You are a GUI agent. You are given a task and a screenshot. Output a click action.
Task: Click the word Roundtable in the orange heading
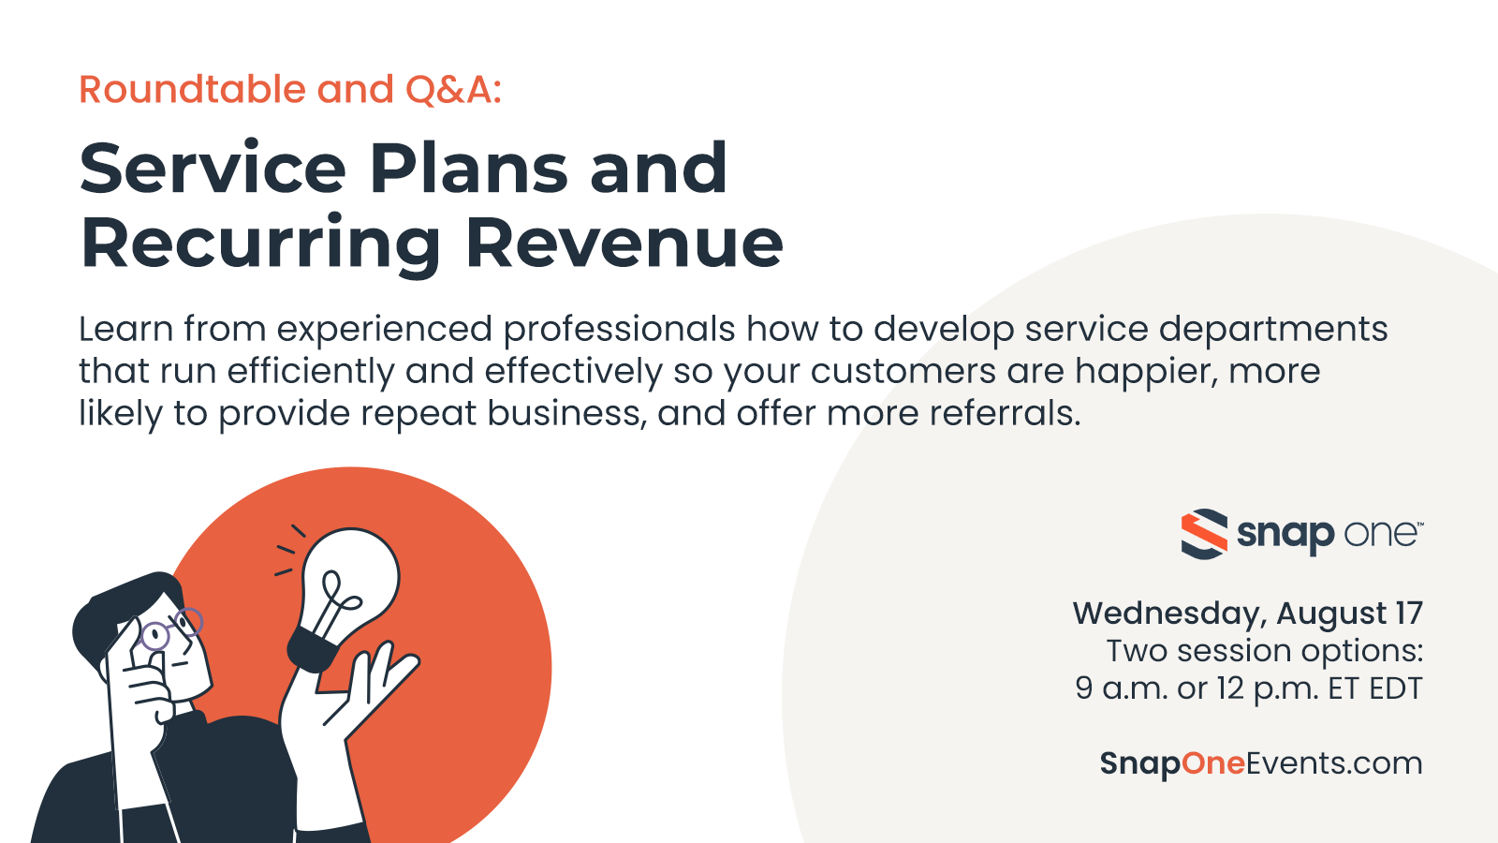click(191, 90)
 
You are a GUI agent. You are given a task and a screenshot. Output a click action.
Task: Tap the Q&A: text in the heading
click(453, 90)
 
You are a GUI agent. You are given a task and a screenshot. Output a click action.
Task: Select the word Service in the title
click(213, 170)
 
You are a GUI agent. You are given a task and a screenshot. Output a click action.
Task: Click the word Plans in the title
click(468, 170)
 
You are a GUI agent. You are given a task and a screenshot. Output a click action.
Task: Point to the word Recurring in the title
click(260, 244)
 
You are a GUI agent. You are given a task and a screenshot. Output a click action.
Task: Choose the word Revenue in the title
click(624, 244)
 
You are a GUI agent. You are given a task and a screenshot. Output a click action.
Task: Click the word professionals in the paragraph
click(618, 331)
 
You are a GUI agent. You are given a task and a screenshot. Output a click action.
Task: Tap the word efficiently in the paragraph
click(311, 372)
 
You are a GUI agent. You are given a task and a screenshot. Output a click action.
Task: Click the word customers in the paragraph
click(903, 372)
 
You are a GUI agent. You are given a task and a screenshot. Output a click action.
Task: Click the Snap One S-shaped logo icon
click(1203, 534)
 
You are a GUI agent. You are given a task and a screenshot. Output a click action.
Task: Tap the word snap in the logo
click(1285, 535)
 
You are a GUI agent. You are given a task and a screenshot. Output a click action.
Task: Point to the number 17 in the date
click(1408, 614)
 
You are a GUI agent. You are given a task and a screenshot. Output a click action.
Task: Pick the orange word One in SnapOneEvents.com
click(1213, 763)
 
